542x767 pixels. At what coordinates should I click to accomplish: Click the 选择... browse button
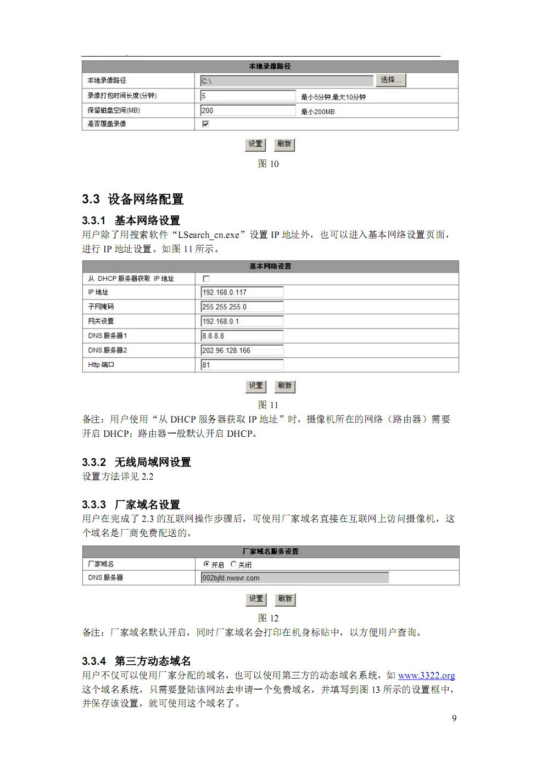coord(390,80)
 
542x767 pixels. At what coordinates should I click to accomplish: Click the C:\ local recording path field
coord(286,81)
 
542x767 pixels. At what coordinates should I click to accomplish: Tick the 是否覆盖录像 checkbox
coord(205,124)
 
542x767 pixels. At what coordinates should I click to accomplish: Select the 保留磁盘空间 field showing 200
coord(248,110)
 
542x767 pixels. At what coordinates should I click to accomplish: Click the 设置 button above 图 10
coord(255,144)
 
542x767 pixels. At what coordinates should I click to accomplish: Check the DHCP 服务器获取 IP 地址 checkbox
coord(206,279)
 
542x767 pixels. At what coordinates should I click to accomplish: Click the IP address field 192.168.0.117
coord(242,292)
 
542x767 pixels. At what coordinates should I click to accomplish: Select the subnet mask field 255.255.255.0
coord(242,307)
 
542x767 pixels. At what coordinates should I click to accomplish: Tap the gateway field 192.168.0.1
coord(242,321)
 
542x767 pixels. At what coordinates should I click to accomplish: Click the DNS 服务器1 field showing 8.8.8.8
coord(242,336)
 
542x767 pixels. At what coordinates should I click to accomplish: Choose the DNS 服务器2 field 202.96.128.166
coord(242,351)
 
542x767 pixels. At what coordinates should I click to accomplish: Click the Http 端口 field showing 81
coord(242,365)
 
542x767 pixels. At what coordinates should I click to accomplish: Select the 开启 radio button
coord(206,564)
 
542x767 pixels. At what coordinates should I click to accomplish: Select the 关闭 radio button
coord(233,564)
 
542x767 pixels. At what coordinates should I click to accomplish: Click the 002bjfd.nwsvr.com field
coord(295,578)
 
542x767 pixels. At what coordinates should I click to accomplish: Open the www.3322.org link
coord(426,675)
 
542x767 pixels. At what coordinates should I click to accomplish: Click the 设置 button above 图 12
coord(256,599)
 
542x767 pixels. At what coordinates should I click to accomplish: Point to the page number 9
coord(454,718)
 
